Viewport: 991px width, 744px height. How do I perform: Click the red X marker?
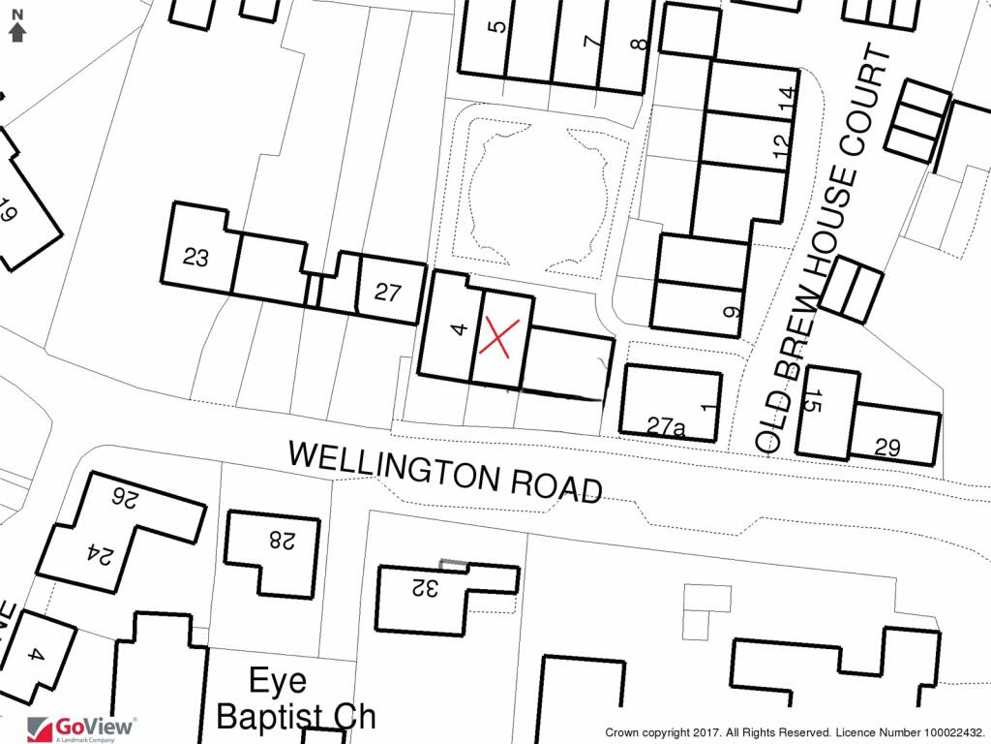(x=495, y=338)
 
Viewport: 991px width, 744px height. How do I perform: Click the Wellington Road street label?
(x=446, y=472)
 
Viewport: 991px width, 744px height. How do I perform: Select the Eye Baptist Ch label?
(x=296, y=699)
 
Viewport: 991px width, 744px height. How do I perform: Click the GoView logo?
(x=82, y=728)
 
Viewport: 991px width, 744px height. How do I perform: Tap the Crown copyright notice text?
(x=795, y=733)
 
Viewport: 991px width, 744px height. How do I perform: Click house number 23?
(x=195, y=258)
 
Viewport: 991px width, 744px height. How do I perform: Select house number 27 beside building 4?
(x=387, y=292)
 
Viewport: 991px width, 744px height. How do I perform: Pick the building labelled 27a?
(x=667, y=425)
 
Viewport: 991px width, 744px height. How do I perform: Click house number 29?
(x=886, y=448)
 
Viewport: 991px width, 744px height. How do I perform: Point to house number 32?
(x=424, y=586)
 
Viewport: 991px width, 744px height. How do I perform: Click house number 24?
(x=101, y=554)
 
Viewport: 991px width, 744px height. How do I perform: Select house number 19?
(x=8, y=211)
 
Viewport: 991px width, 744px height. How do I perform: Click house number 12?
(x=782, y=143)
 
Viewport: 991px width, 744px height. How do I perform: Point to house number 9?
(x=732, y=312)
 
